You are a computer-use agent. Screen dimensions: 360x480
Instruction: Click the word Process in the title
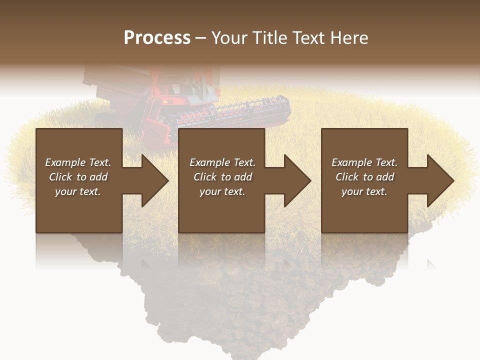tap(157, 38)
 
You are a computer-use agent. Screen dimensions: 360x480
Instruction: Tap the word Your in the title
tap(229, 38)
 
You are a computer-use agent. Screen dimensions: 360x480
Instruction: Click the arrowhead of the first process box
tap(152, 180)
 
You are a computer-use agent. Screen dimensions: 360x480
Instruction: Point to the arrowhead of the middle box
tap(295, 180)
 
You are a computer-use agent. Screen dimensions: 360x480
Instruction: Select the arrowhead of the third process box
tap(438, 180)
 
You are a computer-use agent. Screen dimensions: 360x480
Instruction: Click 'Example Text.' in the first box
tap(78, 162)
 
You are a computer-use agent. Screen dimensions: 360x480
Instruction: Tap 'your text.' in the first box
tap(78, 191)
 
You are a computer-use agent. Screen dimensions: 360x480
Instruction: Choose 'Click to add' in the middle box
tap(222, 177)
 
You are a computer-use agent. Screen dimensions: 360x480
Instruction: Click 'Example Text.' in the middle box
tap(222, 162)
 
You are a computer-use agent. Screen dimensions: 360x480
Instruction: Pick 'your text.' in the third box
tap(364, 191)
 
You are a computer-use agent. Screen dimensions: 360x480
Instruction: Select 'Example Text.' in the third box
tap(364, 162)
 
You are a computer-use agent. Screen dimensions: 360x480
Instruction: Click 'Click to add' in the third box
tap(364, 177)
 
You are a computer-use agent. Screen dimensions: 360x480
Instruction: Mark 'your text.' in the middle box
tap(222, 191)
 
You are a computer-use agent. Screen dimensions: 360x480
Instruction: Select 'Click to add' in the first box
tap(78, 177)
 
